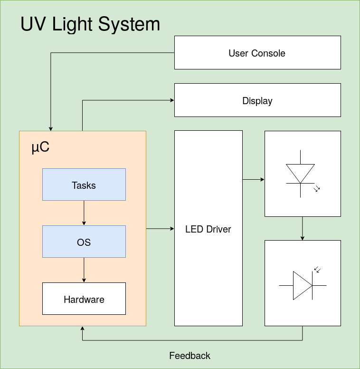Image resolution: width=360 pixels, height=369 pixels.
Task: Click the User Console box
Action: pos(257,53)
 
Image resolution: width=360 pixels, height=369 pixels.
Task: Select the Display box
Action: pos(257,100)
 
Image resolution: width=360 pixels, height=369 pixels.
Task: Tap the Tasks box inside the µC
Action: pos(84,184)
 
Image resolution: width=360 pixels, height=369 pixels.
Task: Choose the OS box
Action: pos(84,242)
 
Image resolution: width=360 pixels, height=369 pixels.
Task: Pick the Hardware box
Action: pos(84,299)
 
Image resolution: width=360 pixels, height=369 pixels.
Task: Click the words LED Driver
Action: pos(208,229)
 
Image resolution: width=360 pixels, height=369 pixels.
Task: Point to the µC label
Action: pos(40,147)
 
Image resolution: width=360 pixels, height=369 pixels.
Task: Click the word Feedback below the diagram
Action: pos(189,356)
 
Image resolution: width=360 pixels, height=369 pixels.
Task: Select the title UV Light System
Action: pos(90,24)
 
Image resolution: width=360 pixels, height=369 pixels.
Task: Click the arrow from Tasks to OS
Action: pos(84,213)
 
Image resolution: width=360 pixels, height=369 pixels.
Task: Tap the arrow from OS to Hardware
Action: pos(84,270)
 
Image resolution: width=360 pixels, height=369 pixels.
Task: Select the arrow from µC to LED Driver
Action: pos(160,229)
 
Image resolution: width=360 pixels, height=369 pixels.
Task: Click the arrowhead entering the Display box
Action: pos(172,100)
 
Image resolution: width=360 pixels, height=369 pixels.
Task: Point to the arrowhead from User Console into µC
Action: pos(51,128)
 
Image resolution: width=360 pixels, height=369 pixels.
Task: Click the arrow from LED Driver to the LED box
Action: pos(254,180)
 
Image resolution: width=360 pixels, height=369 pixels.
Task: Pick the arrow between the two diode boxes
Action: pos(303,228)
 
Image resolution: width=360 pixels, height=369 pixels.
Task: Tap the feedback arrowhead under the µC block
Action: pos(83,329)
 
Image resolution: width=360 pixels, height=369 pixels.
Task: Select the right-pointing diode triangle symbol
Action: pos(302,285)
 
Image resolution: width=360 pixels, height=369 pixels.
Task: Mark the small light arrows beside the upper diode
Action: pos(317,188)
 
